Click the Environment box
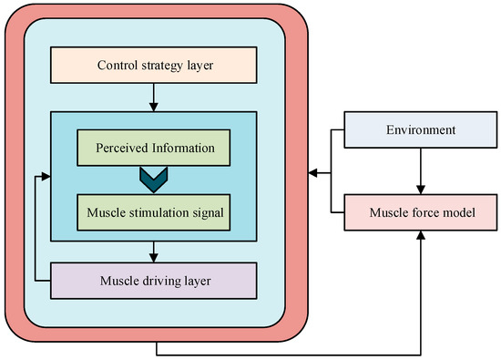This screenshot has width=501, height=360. tap(421, 130)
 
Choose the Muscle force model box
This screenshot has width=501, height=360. tap(421, 213)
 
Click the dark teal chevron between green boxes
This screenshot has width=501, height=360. tap(153, 180)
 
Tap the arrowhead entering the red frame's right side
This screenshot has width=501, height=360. tap(312, 171)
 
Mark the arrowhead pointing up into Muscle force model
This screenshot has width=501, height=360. tap(421, 236)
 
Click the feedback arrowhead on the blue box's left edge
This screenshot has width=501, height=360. tap(45, 177)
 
